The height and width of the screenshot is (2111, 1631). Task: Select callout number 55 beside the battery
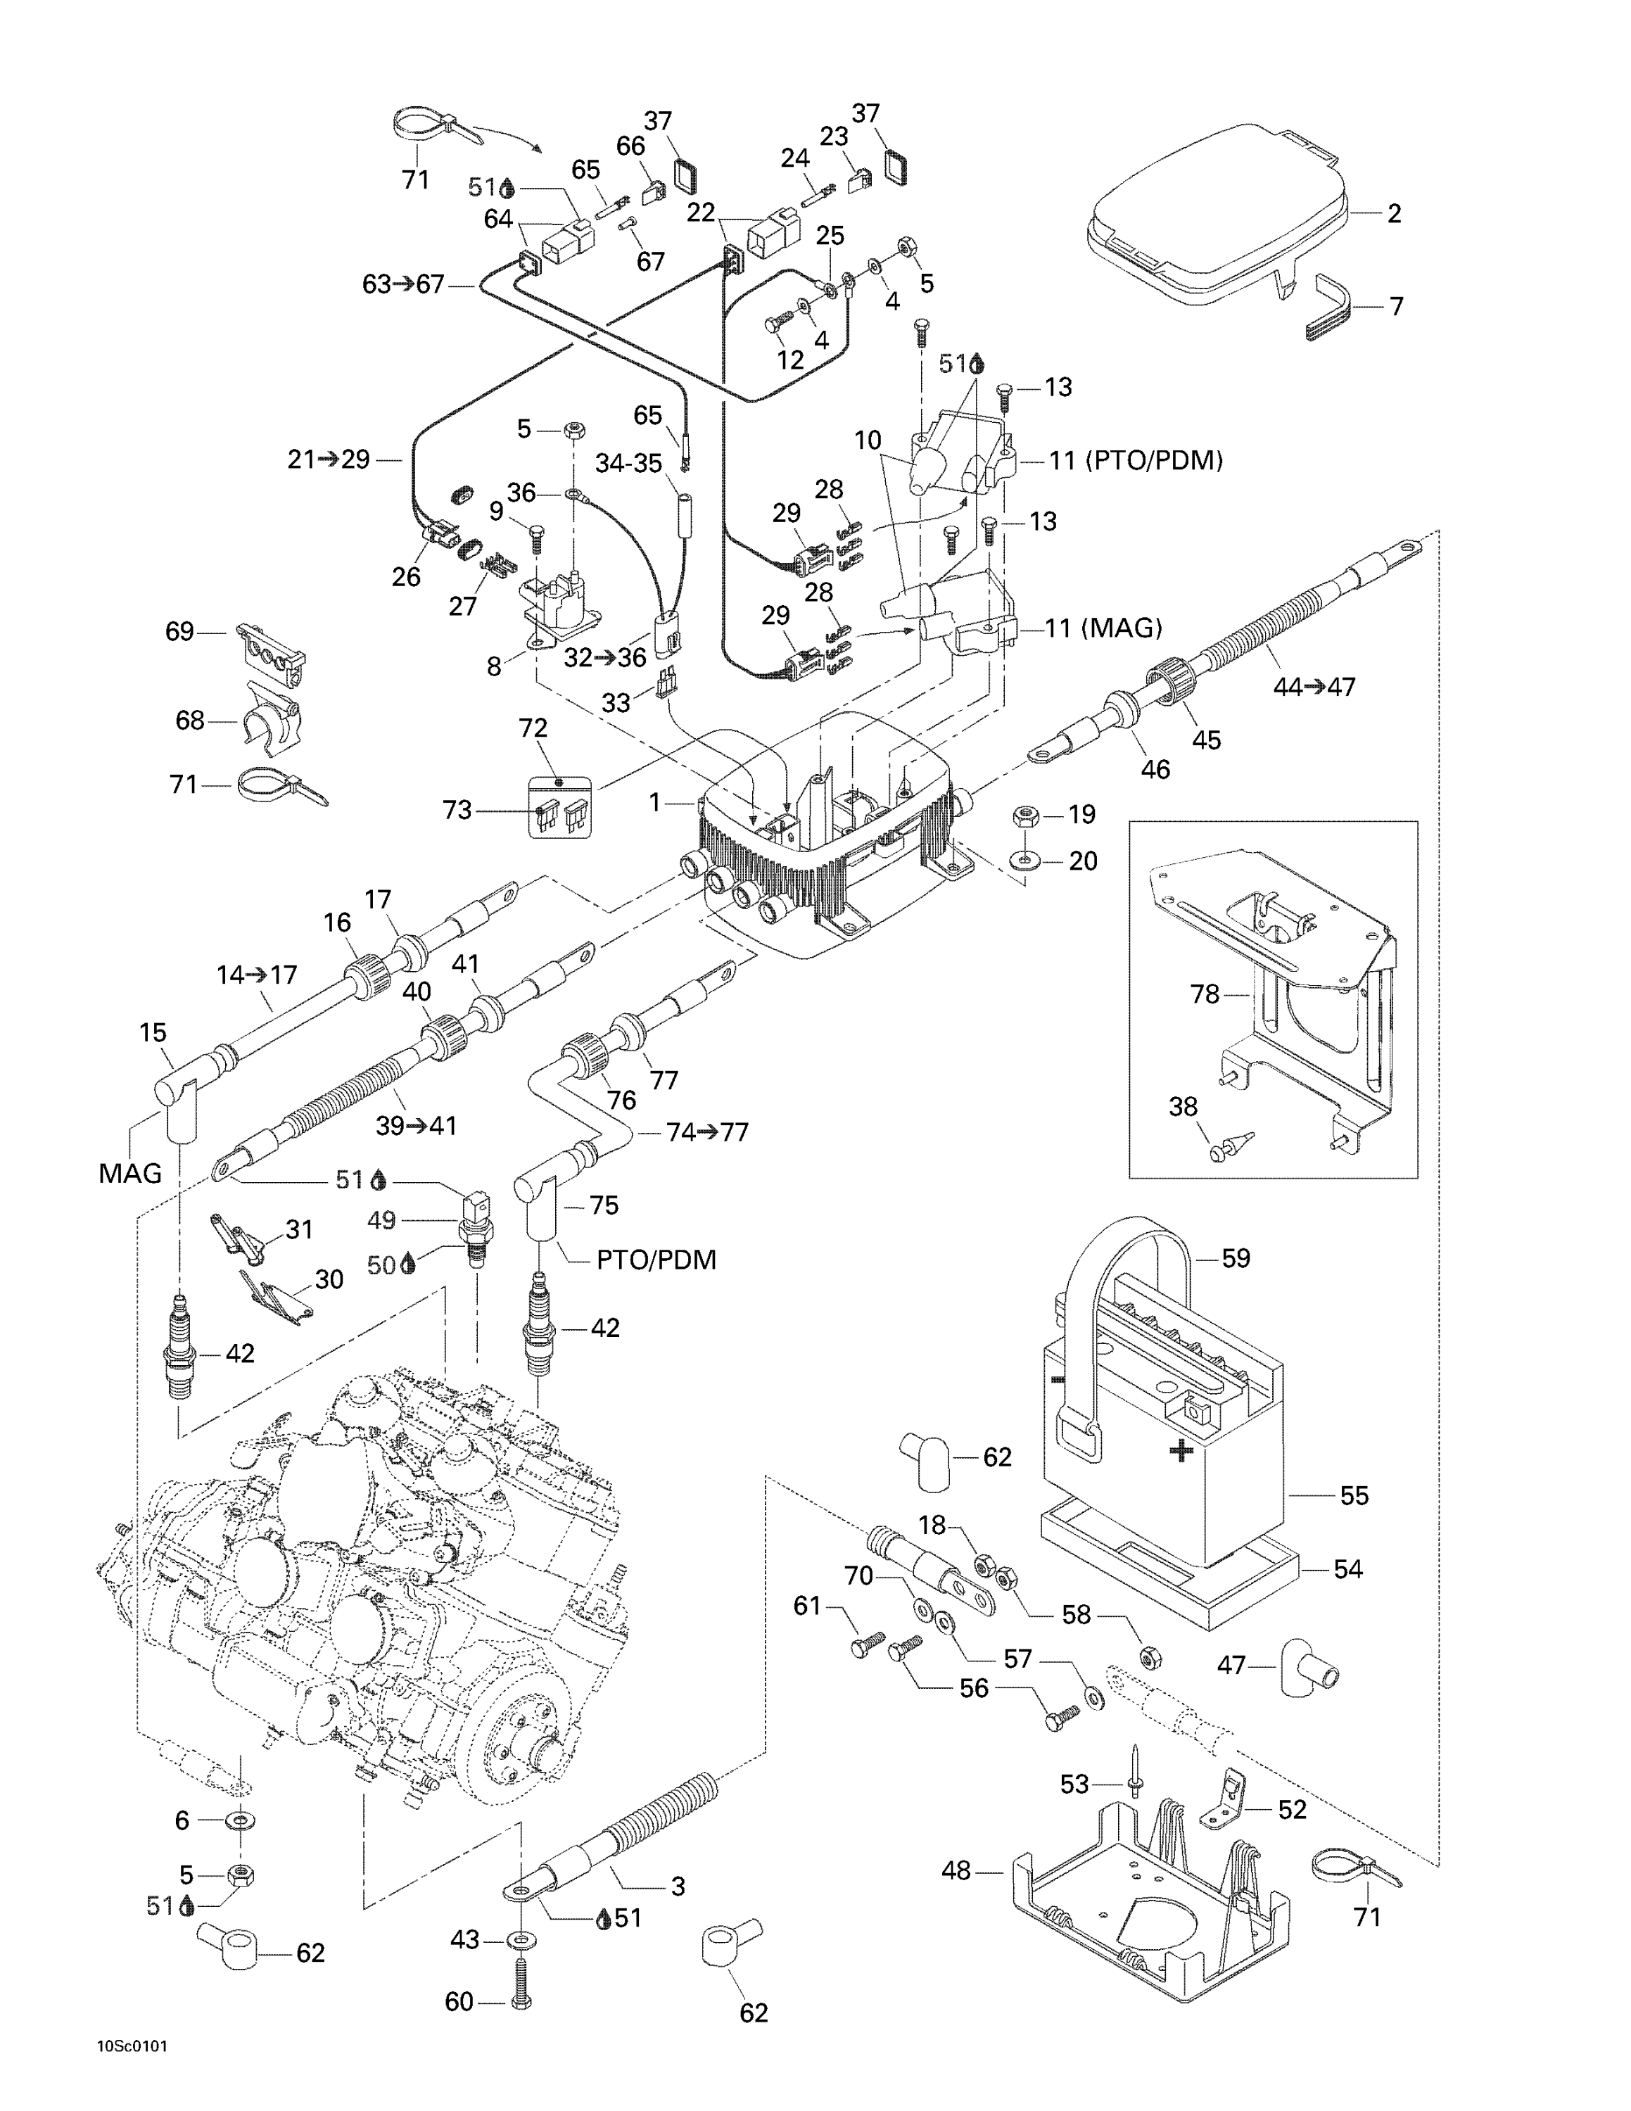1354,1495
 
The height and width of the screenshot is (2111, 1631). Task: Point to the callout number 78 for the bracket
1204,994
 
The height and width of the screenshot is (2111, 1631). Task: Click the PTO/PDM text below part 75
656,1260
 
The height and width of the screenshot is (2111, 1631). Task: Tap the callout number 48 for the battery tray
956,1871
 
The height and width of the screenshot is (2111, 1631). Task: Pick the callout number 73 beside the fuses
457,810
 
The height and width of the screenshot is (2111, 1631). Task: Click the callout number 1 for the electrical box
654,801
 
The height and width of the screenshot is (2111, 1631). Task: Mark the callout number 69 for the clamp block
179,631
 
